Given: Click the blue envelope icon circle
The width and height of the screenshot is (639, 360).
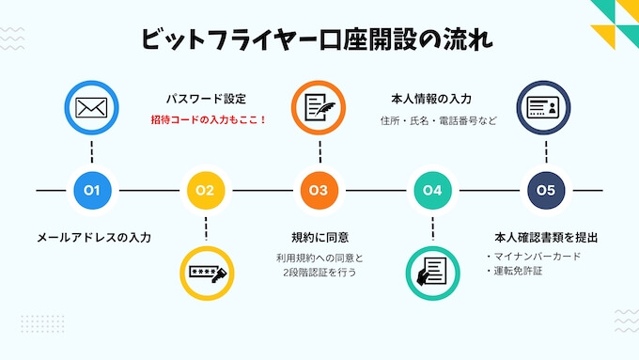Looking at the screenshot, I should click(92, 108).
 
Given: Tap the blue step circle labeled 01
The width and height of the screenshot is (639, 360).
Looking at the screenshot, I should click(92, 191).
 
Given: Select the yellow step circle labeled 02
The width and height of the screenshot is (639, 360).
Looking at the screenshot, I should click(206, 191).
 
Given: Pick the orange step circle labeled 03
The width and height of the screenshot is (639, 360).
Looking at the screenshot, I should click(319, 191).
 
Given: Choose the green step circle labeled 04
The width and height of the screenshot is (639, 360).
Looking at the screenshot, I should click(432, 191).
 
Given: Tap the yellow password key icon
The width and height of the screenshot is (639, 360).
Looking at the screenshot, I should click(206, 273).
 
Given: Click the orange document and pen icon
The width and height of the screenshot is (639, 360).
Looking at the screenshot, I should click(319, 108).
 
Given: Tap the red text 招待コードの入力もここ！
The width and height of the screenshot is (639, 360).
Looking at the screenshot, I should click(209, 120).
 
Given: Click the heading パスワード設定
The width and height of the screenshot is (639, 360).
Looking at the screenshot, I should click(206, 98).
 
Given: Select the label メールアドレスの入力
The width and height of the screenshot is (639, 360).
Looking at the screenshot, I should click(93, 237).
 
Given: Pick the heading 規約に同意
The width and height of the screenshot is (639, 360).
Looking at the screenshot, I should click(319, 237).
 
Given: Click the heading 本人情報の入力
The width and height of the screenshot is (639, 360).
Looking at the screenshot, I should click(430, 98).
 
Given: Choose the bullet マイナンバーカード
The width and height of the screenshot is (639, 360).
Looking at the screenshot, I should click(538, 256).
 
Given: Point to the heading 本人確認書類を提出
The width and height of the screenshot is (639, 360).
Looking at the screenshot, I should click(546, 237).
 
